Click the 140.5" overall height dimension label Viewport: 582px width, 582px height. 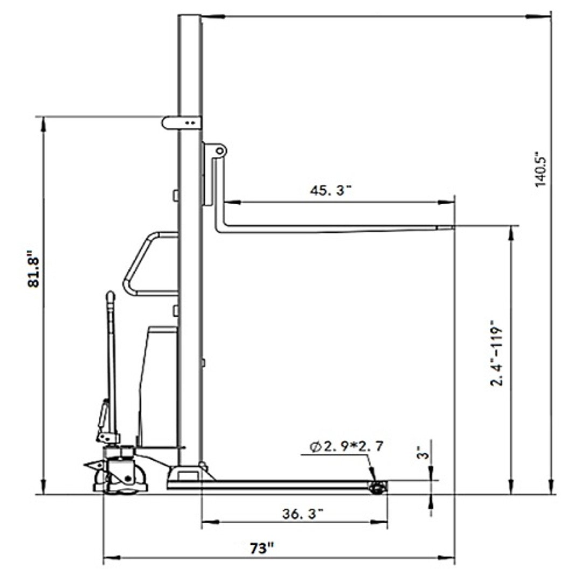542,169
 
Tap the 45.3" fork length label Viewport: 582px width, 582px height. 330,190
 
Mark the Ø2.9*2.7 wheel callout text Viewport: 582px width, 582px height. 347,447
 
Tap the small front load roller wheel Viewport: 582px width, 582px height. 378,487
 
